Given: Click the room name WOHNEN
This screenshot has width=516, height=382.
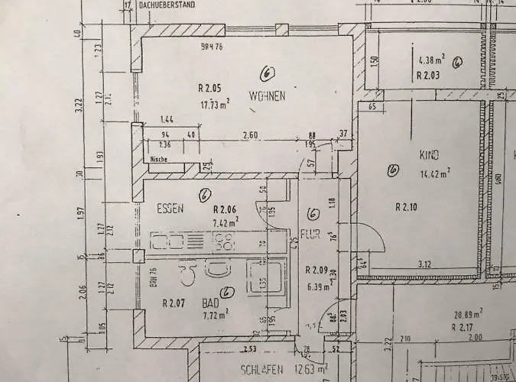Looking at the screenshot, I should coord(267,96).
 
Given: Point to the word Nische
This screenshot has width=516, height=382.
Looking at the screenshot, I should coord(159,160).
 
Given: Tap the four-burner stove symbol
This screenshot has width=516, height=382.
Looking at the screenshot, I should coord(224,244).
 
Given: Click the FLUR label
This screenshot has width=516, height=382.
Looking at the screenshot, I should coord(310,235).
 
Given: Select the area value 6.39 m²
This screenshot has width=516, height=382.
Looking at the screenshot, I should coord(317,287).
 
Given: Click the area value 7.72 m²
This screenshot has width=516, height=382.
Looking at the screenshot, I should coord(216,314).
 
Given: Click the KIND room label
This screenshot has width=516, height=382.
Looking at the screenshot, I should coord(429,155).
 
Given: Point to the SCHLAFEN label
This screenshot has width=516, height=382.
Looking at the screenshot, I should coord(263,370).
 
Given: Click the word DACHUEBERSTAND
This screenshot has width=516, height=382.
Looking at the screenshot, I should coord(168,5).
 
